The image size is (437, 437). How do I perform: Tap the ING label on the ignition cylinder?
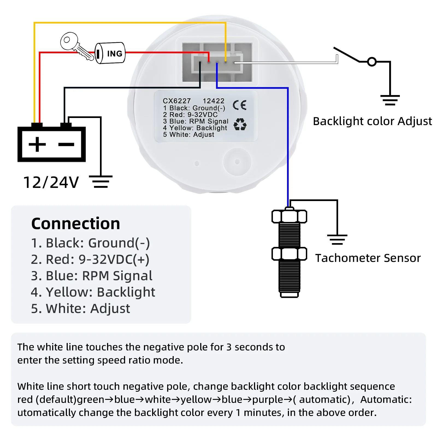coord(114,54)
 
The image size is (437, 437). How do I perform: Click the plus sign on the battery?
coord(37,144)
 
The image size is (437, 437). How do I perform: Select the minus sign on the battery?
coord(66,144)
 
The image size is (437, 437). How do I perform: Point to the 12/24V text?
coord(51,182)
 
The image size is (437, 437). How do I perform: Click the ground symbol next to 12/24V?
coord(101,182)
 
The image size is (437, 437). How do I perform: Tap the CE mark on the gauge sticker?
coord(240,105)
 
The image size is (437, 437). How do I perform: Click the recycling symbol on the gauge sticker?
coord(240,124)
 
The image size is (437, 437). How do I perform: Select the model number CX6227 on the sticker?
coord(177,101)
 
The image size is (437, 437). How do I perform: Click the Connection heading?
coord(76,224)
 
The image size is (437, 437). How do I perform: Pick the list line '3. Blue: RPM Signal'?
coord(91,276)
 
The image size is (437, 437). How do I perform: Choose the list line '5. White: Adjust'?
coord(81,308)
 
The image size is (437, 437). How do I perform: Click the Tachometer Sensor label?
coord(368,258)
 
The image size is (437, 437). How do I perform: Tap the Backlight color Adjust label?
coord(372,121)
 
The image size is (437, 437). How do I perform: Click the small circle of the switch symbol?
coord(372,62)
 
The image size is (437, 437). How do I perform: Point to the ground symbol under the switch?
coord(390,100)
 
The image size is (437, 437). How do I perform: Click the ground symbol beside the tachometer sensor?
coord(337,240)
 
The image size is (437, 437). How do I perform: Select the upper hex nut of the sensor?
coord(289,217)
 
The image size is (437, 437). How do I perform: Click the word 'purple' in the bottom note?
coord(268,400)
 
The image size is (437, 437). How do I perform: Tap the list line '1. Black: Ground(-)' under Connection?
coord(90,243)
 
